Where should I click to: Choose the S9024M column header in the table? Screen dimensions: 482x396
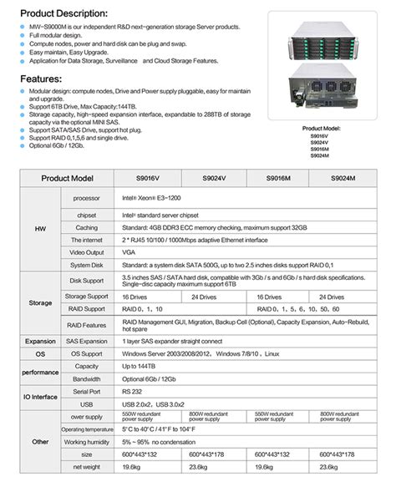tap(343, 179)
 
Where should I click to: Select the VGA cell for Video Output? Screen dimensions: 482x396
tap(129, 251)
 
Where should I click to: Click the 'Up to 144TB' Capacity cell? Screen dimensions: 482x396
tap(140, 366)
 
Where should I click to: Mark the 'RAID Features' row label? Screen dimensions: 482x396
tap(86, 325)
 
